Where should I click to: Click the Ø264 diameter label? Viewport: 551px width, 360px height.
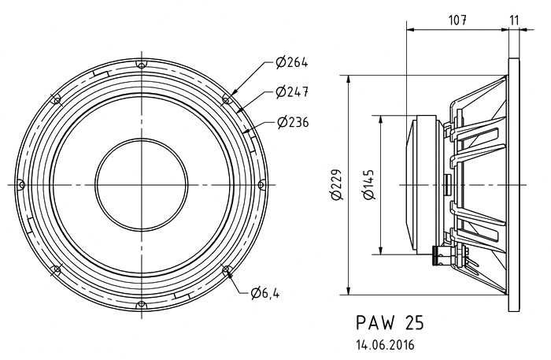click(x=292, y=63)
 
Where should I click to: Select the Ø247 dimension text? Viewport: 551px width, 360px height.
click(x=292, y=92)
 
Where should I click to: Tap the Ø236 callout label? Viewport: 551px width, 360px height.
click(x=293, y=122)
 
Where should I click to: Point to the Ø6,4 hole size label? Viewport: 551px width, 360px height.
click(x=265, y=292)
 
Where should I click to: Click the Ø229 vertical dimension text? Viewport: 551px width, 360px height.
click(x=336, y=185)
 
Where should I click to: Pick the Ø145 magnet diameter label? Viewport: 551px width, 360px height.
click(x=369, y=185)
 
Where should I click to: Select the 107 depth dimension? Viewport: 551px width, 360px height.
click(x=457, y=20)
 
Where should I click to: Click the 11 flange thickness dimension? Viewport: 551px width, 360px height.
click(x=514, y=20)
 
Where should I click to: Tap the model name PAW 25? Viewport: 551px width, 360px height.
click(x=390, y=323)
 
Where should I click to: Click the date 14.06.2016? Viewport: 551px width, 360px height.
click(x=385, y=345)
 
